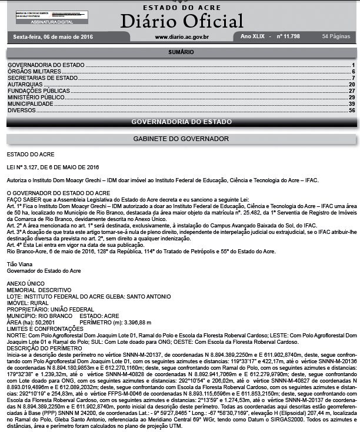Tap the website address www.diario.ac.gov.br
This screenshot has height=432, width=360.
coord(182,37)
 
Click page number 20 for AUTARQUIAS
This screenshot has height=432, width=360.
coord(351,85)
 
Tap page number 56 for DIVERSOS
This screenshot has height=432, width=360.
coord(351,110)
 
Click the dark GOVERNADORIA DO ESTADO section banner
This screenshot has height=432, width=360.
coord(180,122)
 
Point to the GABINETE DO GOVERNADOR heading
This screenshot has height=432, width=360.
coord(181,139)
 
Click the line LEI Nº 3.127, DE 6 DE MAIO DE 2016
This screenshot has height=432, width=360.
coord(53,167)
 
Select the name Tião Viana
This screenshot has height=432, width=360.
coord(19,265)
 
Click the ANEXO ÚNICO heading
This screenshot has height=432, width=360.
coord(24,282)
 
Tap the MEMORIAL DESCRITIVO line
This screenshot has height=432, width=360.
coord(39,290)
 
